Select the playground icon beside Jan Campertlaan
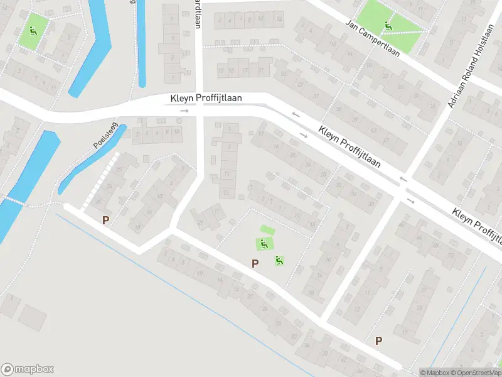pyautogui.click(x=388, y=26)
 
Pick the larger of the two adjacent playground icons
pyautogui.click(x=264, y=244)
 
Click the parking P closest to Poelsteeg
pyautogui.click(x=106, y=221)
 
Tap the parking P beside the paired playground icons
pyautogui.click(x=255, y=264)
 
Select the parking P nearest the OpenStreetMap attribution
pyautogui.click(x=378, y=341)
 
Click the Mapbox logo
pyautogui.click(x=28, y=369)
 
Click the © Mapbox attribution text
pyautogui.click(x=434, y=373)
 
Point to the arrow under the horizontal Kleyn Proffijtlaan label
pyautogui.click(x=184, y=111)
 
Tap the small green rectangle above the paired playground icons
pyautogui.click(x=267, y=230)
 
